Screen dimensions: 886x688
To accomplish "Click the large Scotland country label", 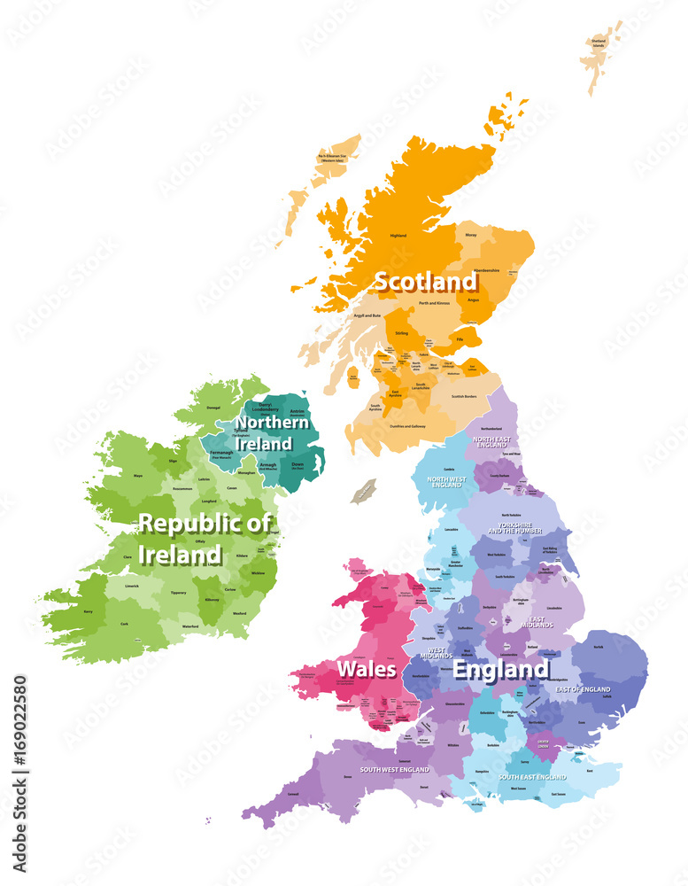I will (x=425, y=282).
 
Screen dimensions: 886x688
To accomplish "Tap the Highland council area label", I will (x=398, y=236).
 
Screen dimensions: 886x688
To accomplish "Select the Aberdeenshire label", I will (x=486, y=270).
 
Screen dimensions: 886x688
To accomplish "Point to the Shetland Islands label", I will (x=599, y=43).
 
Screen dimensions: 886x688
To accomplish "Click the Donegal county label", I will (x=213, y=408).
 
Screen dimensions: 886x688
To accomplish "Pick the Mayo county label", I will (x=138, y=476).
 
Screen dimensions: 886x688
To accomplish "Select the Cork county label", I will (x=125, y=624).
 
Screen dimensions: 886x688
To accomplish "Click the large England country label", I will (x=501, y=670).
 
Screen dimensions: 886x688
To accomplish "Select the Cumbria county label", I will (x=449, y=469).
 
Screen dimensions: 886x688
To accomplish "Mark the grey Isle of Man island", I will (x=364, y=491).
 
